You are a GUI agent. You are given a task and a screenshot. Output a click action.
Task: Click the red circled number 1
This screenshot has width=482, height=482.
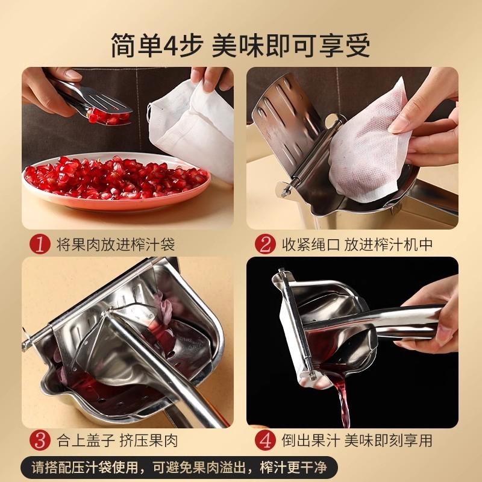point(40,245)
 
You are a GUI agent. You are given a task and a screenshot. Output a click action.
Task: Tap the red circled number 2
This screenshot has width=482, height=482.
point(265,245)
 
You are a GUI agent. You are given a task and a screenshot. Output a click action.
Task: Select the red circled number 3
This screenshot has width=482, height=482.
point(40,440)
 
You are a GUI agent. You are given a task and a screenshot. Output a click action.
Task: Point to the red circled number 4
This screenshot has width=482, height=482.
point(265,440)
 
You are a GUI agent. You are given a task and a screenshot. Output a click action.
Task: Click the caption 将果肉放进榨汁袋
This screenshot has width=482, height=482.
point(116,245)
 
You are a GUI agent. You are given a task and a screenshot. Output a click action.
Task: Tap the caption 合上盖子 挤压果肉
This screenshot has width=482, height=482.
point(117,440)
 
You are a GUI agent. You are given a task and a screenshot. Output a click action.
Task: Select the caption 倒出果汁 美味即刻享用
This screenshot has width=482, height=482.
point(357,440)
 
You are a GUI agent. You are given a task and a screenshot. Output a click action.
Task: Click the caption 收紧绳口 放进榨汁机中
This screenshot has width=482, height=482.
point(357,245)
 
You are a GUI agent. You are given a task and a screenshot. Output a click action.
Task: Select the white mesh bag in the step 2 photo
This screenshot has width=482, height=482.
point(368,145)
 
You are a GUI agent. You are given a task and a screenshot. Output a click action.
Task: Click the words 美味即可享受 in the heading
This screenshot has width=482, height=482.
point(291,46)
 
